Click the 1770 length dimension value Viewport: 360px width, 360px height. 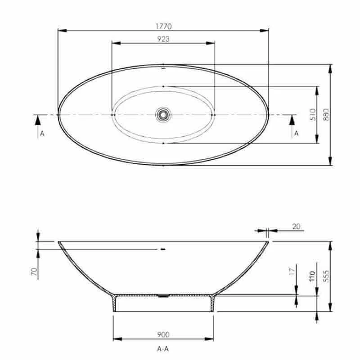pos(163,27)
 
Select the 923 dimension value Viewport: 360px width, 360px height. pos(163,39)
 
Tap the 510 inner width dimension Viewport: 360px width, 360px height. pos(313,115)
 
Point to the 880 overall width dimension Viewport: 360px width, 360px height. pos(326,115)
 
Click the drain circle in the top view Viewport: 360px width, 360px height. pos(163,114)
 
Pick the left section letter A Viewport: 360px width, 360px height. pos(42,133)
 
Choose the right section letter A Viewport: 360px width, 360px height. pos(297,133)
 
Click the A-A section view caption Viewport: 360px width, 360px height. pos(163,349)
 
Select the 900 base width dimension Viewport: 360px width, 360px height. pos(163,334)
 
